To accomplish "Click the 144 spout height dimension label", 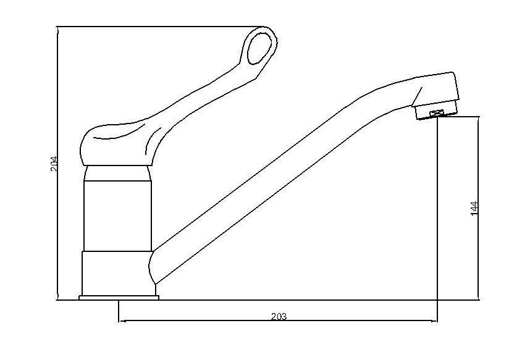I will click(474, 208).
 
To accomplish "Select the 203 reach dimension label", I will click(279, 317).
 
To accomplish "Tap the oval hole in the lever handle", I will click(260, 47).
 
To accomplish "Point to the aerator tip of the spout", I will click(435, 112).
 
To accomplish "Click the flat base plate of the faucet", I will click(119, 298).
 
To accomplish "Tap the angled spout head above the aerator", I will click(435, 90).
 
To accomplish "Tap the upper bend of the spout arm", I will click(389, 93).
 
